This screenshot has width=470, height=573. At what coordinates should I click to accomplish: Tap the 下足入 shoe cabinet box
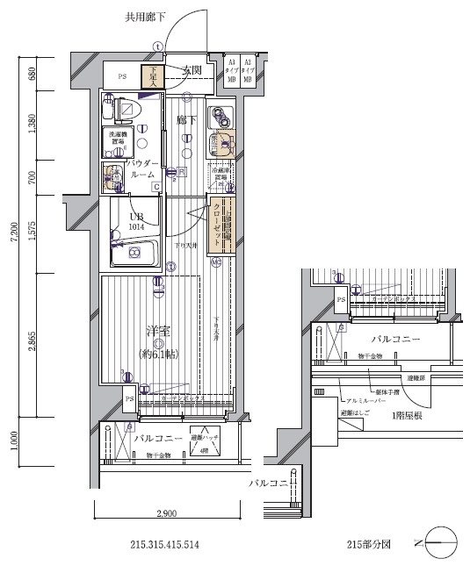pyautogui.click(x=153, y=75)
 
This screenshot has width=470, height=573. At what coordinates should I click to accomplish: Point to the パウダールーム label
pyautogui.click(x=141, y=169)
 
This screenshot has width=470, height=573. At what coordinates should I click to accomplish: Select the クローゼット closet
pyautogui.click(x=218, y=226)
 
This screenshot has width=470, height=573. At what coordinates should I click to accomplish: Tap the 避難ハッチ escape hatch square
pyautogui.click(x=205, y=442)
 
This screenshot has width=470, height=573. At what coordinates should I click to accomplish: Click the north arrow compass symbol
pyautogui.click(x=439, y=544)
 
